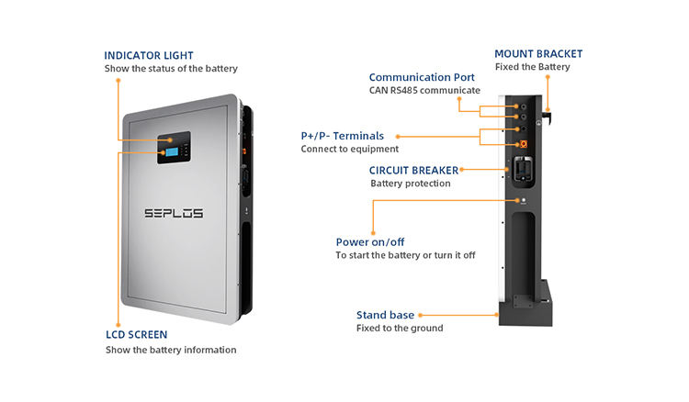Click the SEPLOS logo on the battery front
pos(174,213)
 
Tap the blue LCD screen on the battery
pos(174,149)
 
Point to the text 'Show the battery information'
pos(171,350)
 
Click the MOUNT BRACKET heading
pos(538,54)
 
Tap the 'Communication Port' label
pos(424,77)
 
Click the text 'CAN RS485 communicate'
pos(424,91)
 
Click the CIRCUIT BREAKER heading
pos(412,170)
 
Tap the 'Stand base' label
pos(384,315)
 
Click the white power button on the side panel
pos(523,199)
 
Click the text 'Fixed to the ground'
pos(400,329)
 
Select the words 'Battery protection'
pos(411,184)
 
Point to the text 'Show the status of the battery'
pos(172,69)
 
